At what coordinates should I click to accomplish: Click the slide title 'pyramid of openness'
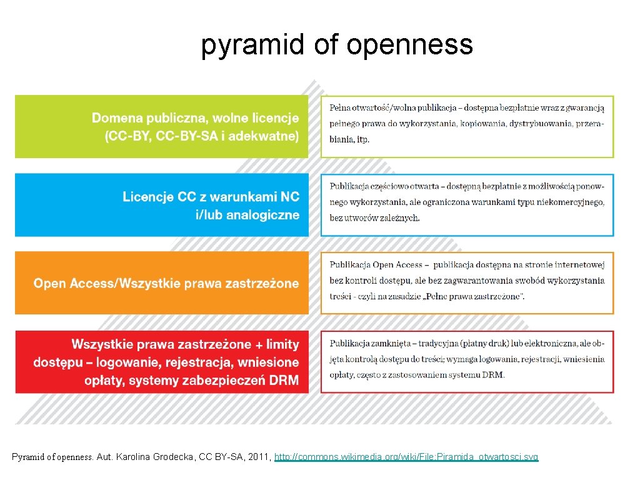(337, 45)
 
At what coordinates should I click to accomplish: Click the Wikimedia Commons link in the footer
(406, 457)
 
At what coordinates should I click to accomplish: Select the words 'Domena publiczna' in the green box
(144, 117)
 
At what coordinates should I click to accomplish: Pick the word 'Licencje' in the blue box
(148, 197)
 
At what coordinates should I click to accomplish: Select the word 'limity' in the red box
(282, 344)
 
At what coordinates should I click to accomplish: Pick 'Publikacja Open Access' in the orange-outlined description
(376, 265)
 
